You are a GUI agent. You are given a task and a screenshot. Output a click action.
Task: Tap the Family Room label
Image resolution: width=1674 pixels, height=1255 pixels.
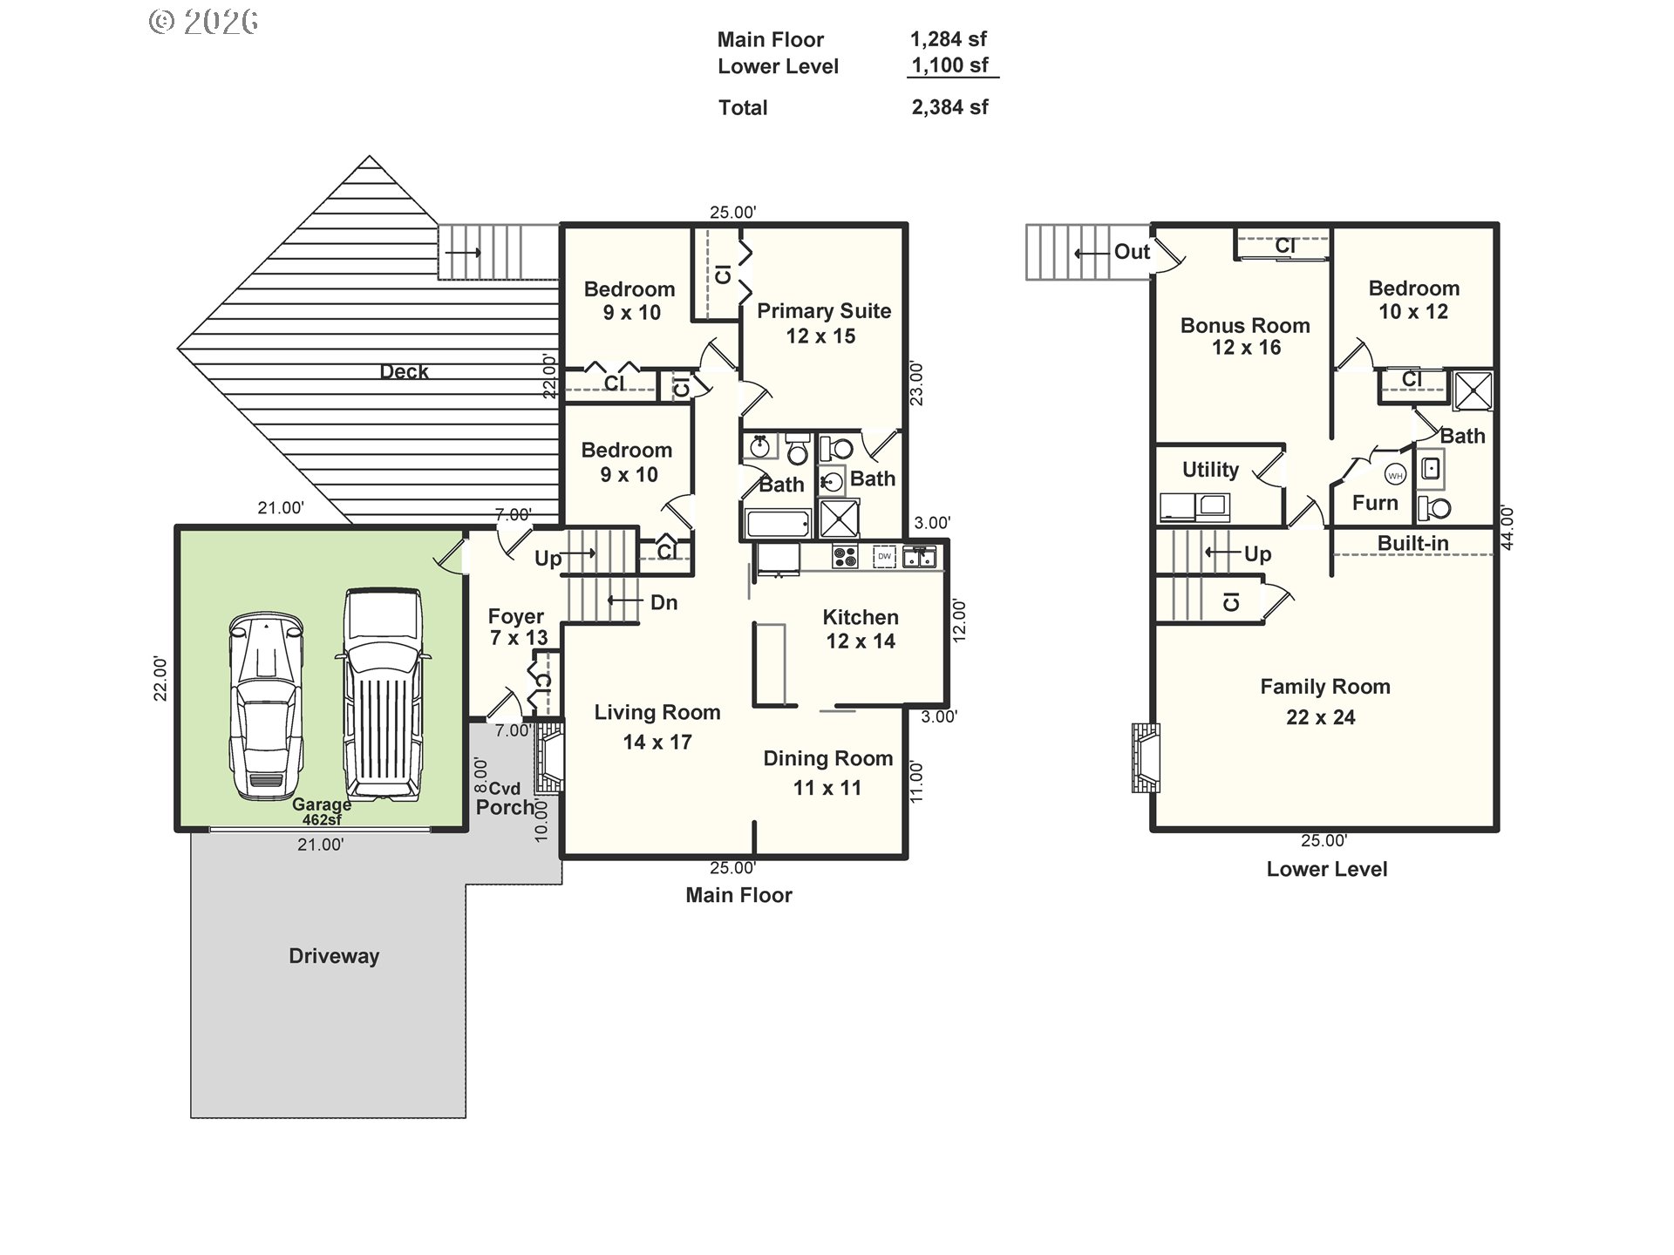tap(1324, 687)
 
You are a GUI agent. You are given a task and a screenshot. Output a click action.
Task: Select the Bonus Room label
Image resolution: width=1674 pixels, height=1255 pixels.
tap(1245, 326)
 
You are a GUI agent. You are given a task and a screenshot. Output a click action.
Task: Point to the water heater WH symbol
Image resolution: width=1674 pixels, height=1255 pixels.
tap(1395, 476)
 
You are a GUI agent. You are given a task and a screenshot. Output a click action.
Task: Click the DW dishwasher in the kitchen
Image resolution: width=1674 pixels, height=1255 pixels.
tap(884, 556)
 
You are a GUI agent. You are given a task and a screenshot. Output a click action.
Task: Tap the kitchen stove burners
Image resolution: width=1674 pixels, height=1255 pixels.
tap(844, 556)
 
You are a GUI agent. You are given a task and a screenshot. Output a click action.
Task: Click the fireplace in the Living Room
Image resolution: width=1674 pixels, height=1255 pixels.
tap(549, 756)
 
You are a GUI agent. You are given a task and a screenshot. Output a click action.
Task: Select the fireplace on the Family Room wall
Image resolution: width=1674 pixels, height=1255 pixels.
tap(1146, 756)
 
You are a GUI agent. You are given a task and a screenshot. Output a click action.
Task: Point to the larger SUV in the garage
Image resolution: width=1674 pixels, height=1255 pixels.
tap(383, 695)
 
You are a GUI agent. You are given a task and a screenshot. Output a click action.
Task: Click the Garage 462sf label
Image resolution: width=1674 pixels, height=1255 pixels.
tap(322, 811)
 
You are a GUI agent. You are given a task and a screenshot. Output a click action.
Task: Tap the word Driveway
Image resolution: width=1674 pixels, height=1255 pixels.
tap(334, 956)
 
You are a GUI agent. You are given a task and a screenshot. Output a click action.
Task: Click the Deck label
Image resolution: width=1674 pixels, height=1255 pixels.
tap(404, 371)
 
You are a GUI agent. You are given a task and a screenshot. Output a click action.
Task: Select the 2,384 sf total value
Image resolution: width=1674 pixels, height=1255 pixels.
tap(949, 107)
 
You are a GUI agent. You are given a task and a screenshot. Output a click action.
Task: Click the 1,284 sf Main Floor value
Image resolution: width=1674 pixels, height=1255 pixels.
tap(949, 39)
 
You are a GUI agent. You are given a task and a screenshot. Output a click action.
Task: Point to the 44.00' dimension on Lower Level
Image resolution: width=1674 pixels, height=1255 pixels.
tap(1507, 527)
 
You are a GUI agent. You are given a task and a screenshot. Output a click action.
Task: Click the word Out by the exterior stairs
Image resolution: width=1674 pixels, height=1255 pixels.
tap(1132, 252)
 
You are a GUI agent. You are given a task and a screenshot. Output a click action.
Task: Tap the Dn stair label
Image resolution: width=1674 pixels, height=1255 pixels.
tap(663, 602)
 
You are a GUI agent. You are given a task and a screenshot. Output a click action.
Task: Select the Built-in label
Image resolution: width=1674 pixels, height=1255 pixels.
tap(1412, 543)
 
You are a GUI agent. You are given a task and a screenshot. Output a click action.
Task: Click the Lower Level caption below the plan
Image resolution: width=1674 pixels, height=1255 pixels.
tap(1326, 869)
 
